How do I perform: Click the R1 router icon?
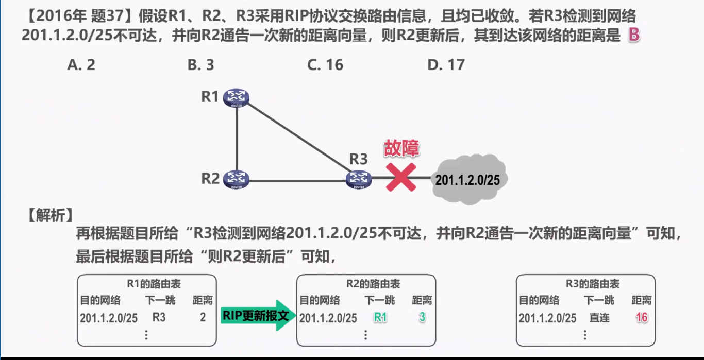(x=237, y=97)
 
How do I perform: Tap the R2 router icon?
(x=237, y=179)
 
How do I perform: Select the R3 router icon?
(x=359, y=179)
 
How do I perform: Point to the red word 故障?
(x=401, y=148)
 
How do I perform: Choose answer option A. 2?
(x=81, y=65)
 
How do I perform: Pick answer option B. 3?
(x=201, y=65)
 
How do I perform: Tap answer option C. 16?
(x=325, y=65)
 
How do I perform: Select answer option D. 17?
(x=446, y=65)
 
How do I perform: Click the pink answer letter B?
(x=634, y=36)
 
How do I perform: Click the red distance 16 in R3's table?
(x=642, y=318)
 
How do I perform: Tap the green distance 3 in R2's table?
(x=422, y=318)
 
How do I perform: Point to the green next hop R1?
(x=380, y=318)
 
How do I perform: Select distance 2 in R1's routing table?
(x=203, y=318)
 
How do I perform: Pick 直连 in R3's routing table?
(x=599, y=318)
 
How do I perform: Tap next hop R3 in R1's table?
(x=159, y=318)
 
